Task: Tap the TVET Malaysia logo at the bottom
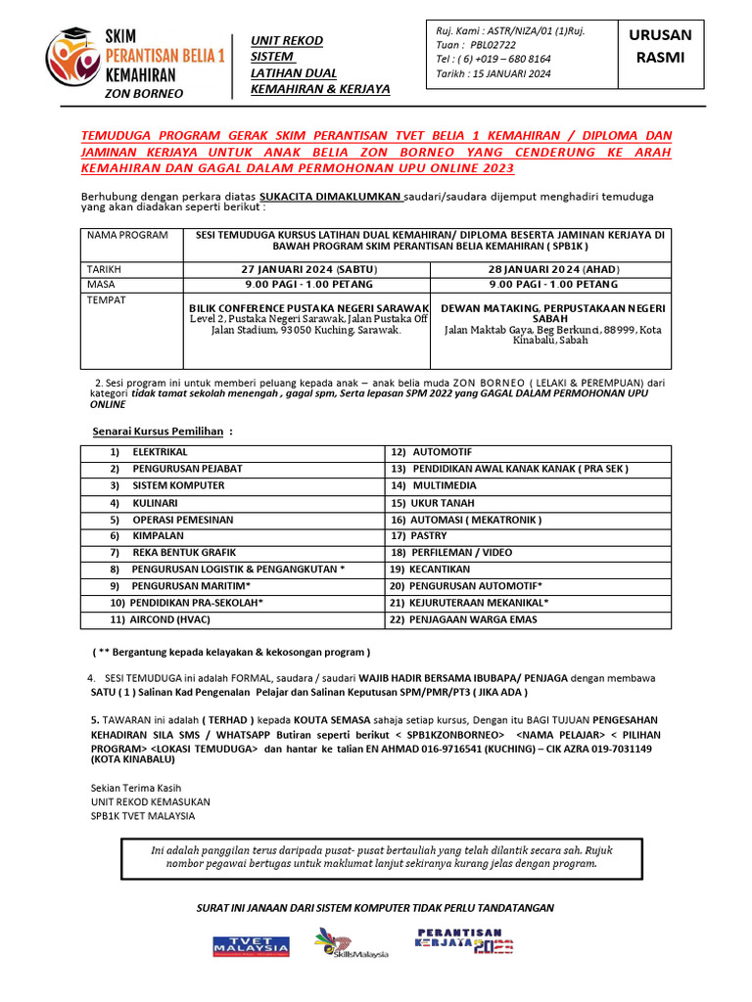[x=252, y=946]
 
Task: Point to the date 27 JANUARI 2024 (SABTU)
[x=306, y=269]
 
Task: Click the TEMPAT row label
[x=108, y=299]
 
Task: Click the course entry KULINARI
[x=156, y=502]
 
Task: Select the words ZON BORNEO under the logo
[x=143, y=93]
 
